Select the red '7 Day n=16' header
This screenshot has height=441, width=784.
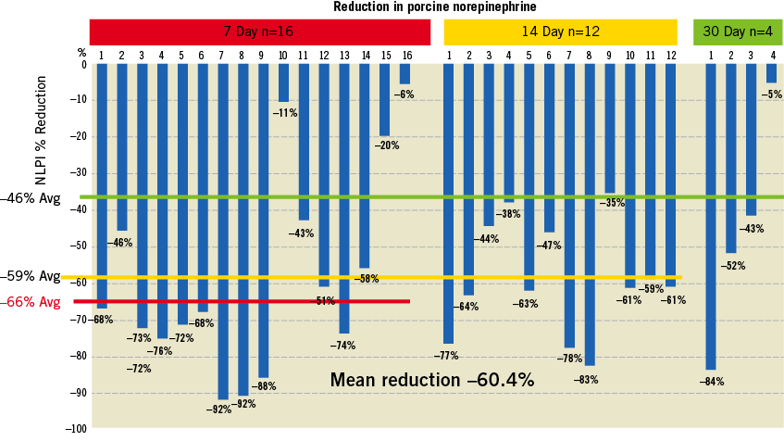(x=259, y=31)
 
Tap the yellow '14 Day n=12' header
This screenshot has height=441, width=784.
(x=561, y=31)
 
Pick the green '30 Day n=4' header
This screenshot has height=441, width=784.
(x=738, y=31)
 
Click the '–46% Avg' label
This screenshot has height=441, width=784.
(x=31, y=198)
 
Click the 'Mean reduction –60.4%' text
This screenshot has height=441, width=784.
(x=432, y=380)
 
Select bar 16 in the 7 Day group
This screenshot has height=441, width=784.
(x=405, y=74)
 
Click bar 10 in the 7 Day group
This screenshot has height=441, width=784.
(x=283, y=82)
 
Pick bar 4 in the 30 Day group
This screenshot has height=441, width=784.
(x=772, y=73)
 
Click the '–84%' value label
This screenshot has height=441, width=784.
(x=712, y=381)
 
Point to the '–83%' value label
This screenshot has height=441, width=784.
(x=587, y=379)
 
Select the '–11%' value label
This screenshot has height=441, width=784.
(x=284, y=113)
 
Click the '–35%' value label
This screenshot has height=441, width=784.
(x=613, y=203)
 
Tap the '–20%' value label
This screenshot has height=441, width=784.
(x=387, y=145)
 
